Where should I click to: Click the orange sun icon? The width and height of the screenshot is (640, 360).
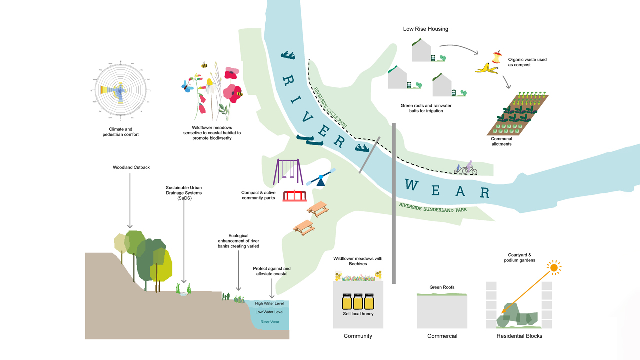coord(553,268)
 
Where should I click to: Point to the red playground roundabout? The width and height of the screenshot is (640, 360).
coord(294,195)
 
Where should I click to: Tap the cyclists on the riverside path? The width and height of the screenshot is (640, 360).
coord(465,168)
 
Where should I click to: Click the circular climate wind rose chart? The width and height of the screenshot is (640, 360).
coord(120,91)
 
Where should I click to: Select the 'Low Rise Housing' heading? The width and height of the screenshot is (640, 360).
coord(425,29)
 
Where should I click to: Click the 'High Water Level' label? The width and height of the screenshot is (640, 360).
coord(269,303)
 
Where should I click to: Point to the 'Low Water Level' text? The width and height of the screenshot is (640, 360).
coord(269,312)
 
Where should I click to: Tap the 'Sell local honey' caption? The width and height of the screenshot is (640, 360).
coord(358,314)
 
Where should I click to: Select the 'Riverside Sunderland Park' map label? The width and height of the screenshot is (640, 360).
coord(433,207)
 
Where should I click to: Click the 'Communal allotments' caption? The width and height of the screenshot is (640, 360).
coord(501,142)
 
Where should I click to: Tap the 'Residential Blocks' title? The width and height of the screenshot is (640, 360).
coord(519,336)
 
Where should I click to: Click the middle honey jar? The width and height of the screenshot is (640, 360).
coord(358,301)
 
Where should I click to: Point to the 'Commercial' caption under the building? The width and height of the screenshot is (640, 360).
coord(442,336)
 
